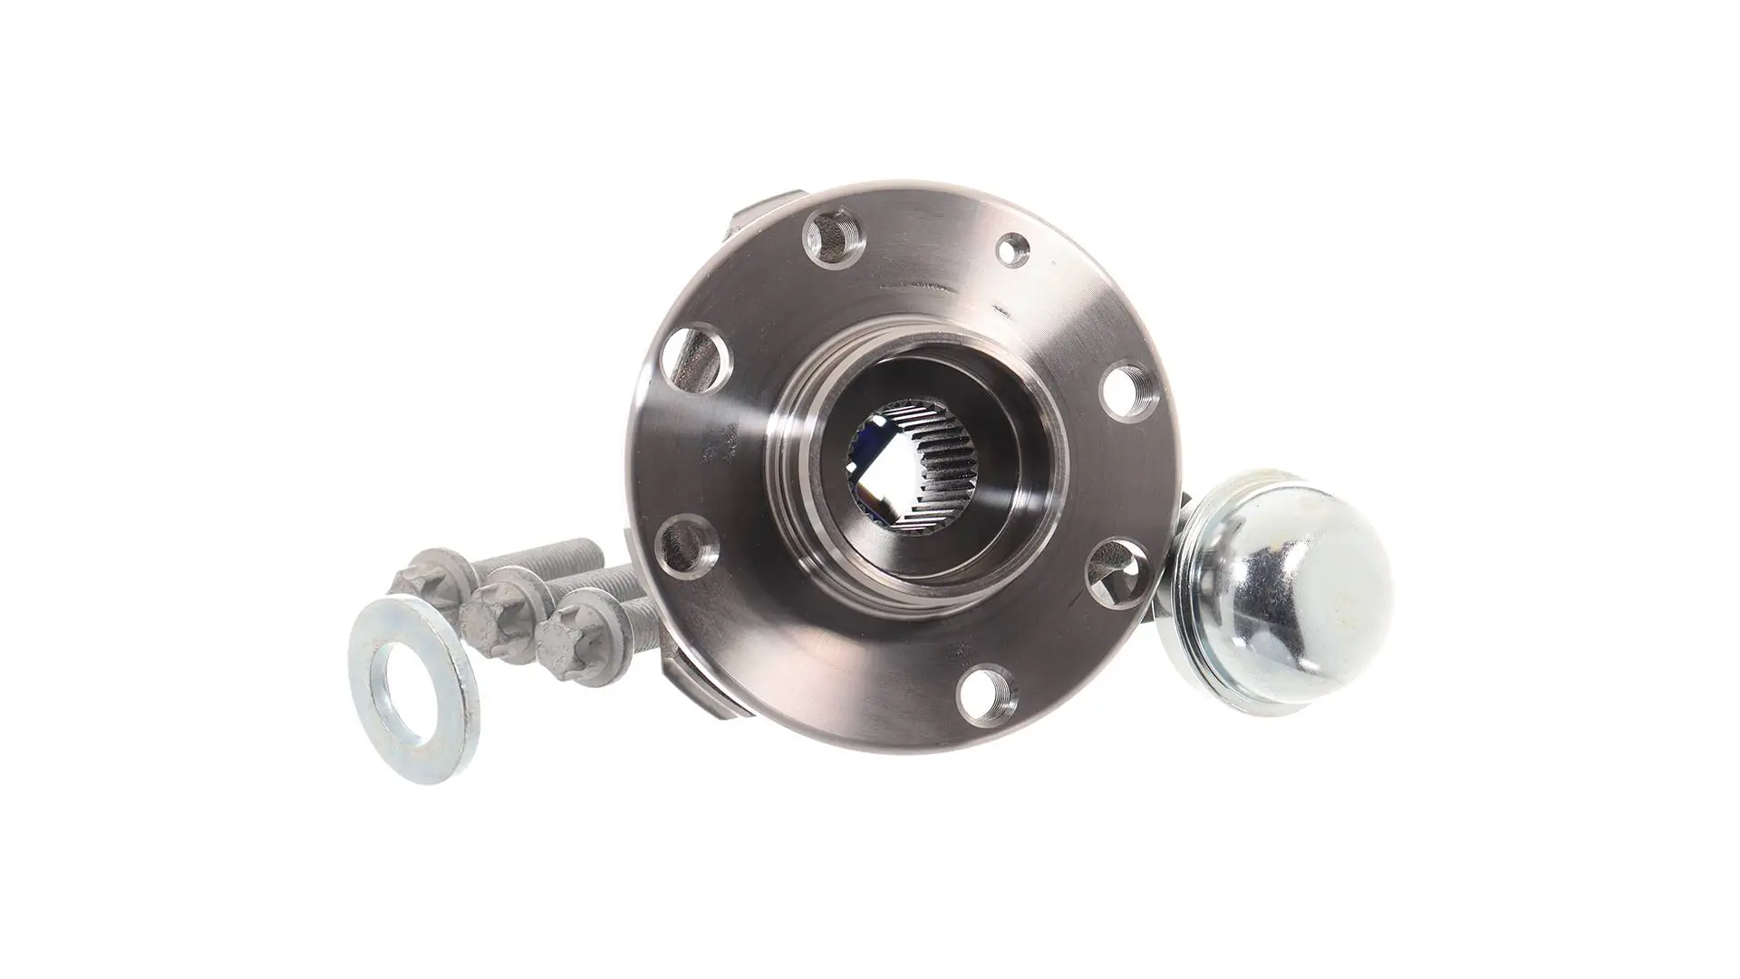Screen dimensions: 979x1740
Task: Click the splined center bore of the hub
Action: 897,480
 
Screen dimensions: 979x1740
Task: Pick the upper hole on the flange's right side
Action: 1125,392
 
